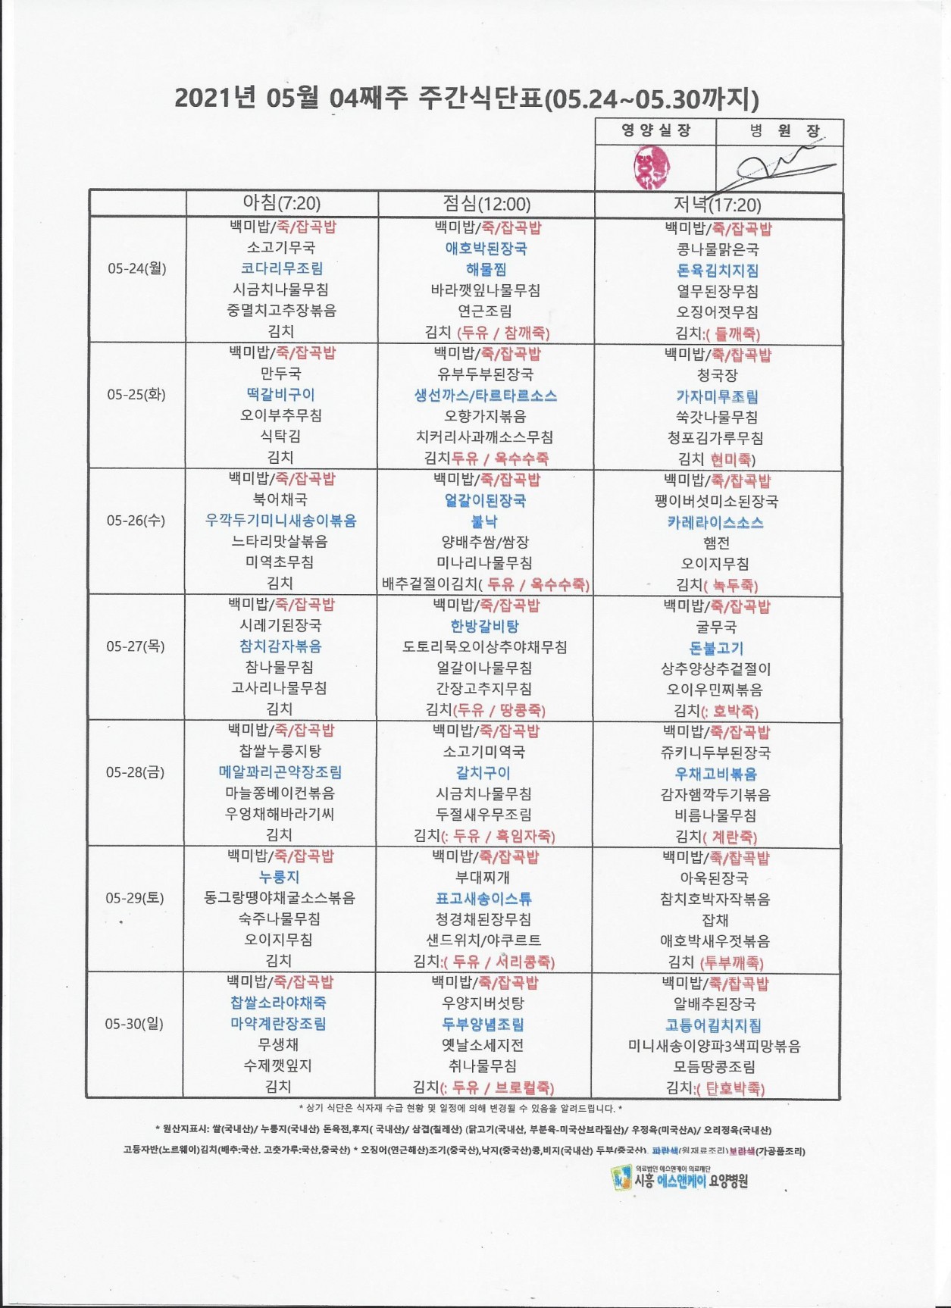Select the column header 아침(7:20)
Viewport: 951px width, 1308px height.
[281, 203]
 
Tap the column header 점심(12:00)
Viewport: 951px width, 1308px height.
[486, 203]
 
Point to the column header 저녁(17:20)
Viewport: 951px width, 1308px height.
[718, 205]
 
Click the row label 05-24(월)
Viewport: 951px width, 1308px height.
[136, 268]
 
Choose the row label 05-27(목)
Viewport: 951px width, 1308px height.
[136, 646]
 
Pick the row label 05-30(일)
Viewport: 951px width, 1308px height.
[134, 1024]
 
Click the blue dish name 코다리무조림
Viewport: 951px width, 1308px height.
[281, 268]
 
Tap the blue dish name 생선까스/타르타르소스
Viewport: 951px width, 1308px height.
[486, 396]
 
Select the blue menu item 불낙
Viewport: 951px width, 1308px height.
[485, 521]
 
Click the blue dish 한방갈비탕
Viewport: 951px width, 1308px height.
[485, 626]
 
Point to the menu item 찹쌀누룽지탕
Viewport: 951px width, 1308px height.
[280, 752]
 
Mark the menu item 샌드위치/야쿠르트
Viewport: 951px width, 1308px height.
[483, 940]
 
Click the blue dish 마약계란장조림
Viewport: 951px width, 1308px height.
[279, 1024]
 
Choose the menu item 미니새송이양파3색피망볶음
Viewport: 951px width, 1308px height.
[715, 1046]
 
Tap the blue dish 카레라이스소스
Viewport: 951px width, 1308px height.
[715, 523]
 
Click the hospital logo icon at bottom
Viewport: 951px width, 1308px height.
[621, 1177]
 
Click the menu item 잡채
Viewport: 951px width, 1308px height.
[715, 920]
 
